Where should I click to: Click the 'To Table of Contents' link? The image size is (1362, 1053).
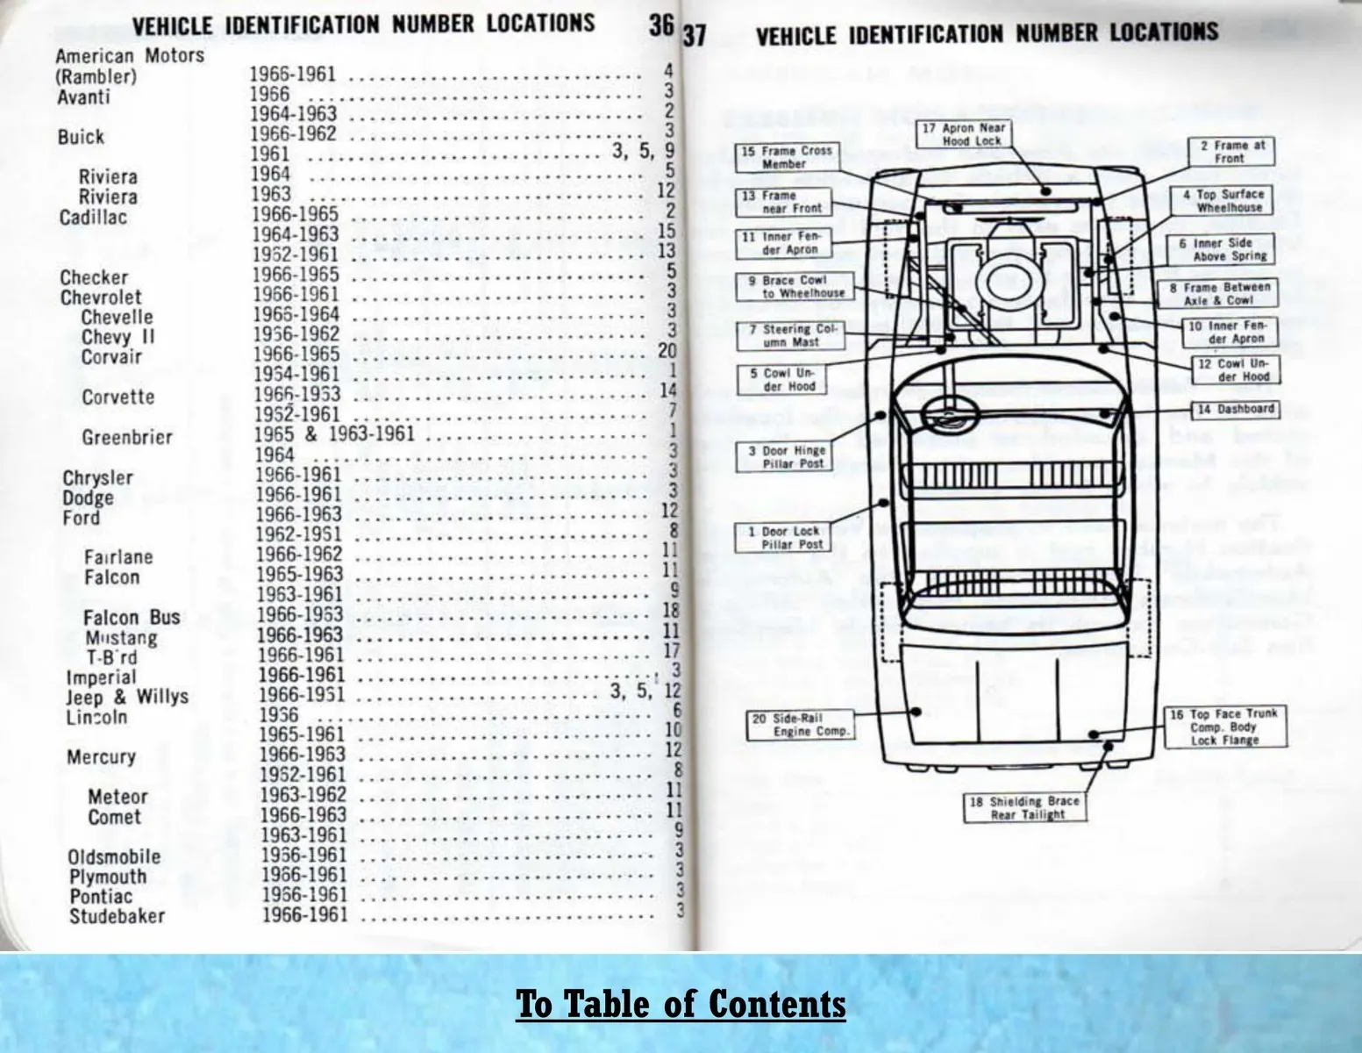pyautogui.click(x=681, y=1003)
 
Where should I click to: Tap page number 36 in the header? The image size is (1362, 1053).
pyautogui.click(x=661, y=25)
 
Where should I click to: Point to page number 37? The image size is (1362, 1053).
pyautogui.click(x=695, y=36)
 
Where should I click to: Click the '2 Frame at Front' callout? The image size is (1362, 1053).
pyautogui.click(x=1230, y=152)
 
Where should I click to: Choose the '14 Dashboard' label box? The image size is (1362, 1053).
pyautogui.click(x=1234, y=409)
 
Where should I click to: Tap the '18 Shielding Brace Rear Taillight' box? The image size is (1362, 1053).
pyautogui.click(x=1024, y=808)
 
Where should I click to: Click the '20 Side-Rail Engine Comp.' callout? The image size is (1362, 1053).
pyautogui.click(x=798, y=725)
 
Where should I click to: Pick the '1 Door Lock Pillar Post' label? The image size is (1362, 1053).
pyautogui.click(x=782, y=538)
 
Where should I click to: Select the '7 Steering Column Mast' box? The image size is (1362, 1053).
pyautogui.click(x=786, y=336)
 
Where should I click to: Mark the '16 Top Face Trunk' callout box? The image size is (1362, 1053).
pyautogui.click(x=1224, y=727)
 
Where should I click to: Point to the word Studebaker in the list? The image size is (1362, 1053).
pyautogui.click(x=118, y=916)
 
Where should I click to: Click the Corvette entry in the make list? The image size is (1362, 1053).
pyautogui.click(x=118, y=398)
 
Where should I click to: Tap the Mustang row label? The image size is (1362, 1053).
pyautogui.click(x=121, y=638)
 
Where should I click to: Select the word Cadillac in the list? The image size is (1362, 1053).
pyautogui.click(x=93, y=218)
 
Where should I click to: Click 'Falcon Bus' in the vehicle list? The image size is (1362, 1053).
pyautogui.click(x=132, y=618)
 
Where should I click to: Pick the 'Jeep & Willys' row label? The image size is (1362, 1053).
pyautogui.click(x=127, y=697)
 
